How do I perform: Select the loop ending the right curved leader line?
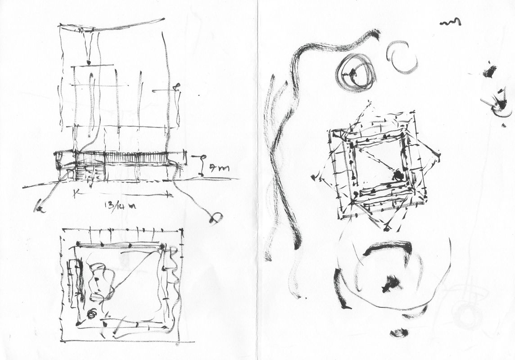pyautogui.click(x=216, y=219)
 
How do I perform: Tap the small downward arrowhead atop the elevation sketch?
pyautogui.click(x=89, y=62)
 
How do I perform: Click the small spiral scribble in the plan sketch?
pyautogui.click(x=91, y=314)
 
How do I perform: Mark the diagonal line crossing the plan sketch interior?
pyautogui.click(x=135, y=270)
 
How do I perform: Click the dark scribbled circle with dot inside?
pyautogui.click(x=356, y=72)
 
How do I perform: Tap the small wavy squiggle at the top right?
pyautogui.click(x=450, y=22)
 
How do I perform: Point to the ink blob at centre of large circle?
pyautogui.click(x=391, y=283)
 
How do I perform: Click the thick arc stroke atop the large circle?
pyautogui.click(x=389, y=247)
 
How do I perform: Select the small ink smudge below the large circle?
pyautogui.click(x=399, y=333)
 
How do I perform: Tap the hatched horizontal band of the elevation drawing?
pyautogui.click(x=122, y=157)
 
